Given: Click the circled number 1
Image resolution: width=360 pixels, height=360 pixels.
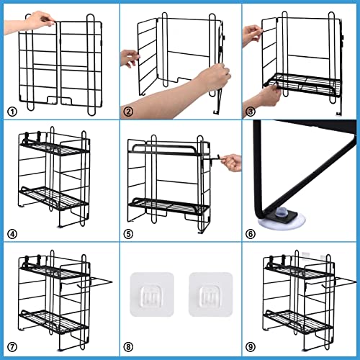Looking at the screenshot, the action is [x=12, y=112].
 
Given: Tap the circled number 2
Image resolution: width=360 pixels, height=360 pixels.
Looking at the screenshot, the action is [x=128, y=112].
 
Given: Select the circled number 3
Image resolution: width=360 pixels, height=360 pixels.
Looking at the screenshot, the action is [x=251, y=112].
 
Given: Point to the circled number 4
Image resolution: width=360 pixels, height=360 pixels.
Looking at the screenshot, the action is [x=12, y=234].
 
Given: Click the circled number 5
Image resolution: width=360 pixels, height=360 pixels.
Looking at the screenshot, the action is [x=128, y=234].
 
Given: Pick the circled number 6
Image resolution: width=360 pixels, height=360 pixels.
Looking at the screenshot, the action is [x=251, y=234].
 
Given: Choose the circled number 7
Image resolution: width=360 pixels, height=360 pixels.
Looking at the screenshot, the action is [x=12, y=346].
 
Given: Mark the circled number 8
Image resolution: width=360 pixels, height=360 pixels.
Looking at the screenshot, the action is [x=128, y=346].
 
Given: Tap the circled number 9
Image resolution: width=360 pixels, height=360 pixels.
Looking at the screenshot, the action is [x=251, y=346].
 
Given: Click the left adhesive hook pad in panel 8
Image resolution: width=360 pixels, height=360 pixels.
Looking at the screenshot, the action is [x=152, y=294].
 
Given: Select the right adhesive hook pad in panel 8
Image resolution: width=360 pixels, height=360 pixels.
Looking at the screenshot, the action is [x=211, y=294].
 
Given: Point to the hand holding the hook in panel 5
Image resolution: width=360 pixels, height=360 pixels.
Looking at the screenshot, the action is [x=233, y=162].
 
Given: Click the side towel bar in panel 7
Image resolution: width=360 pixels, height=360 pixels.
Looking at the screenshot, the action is [x=99, y=281].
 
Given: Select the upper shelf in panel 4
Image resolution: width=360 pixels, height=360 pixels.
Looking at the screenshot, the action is [x=55, y=148].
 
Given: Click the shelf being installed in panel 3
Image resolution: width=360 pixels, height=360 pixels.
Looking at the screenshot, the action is [x=303, y=83].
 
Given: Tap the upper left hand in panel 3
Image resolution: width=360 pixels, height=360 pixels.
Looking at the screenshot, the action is [x=252, y=35].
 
